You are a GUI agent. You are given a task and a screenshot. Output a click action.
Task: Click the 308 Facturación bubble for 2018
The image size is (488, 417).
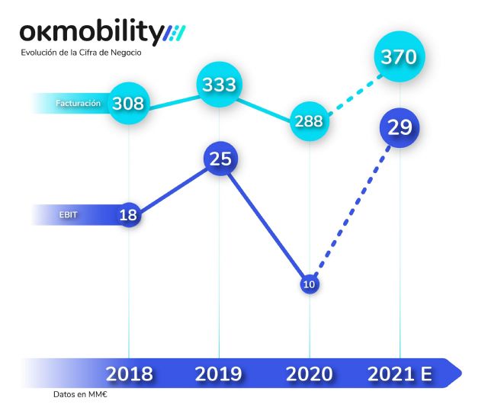point(128,103)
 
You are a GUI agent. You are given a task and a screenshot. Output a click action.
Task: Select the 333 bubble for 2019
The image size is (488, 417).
point(219,85)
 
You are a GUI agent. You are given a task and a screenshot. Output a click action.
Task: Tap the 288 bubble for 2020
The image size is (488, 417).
point(310,121)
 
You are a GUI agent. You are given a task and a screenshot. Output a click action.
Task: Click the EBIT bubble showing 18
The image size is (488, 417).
point(128,215)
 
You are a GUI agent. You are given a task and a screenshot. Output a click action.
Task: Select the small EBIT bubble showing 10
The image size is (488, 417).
point(309,284)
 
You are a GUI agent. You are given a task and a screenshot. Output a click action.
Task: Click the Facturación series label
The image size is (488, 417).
point(78,103)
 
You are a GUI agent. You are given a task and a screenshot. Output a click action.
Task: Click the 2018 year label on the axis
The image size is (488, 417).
point(129,374)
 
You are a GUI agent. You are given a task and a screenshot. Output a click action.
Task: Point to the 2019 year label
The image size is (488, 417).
point(219,374)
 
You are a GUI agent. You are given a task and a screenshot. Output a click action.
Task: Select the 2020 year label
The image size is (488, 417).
point(309,374)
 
